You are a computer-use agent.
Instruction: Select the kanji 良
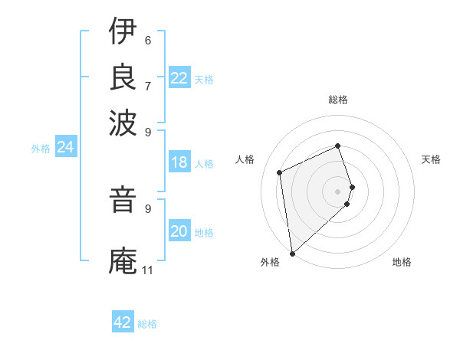pyautogui.click(x=123, y=76)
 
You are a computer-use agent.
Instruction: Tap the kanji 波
pyautogui.click(x=123, y=121)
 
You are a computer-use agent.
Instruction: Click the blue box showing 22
pyautogui.click(x=179, y=78)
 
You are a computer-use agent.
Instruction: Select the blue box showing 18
pyautogui.click(x=179, y=162)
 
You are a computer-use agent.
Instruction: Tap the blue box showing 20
pyautogui.click(x=179, y=231)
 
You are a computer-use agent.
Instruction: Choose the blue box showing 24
pyautogui.click(x=65, y=147)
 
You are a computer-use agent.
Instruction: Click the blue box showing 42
pyautogui.click(x=123, y=322)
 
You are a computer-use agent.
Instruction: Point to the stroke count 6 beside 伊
pyautogui.click(x=148, y=40)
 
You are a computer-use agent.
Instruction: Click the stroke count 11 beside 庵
pyautogui.click(x=147, y=270)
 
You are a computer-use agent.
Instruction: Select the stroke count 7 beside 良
pyautogui.click(x=148, y=85)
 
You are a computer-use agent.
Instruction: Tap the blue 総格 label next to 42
pyautogui.click(x=147, y=324)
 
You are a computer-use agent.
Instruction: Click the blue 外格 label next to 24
pyautogui.click(x=41, y=149)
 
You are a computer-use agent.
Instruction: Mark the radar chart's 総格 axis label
pyautogui.click(x=338, y=100)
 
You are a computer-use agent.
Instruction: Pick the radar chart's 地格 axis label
pyautogui.click(x=402, y=262)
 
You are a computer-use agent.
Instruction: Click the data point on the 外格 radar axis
pyautogui.click(x=292, y=254)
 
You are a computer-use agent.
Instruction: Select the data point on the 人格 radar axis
pyautogui.click(x=280, y=172)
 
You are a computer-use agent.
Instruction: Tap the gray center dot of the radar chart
pyautogui.click(x=338, y=191)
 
